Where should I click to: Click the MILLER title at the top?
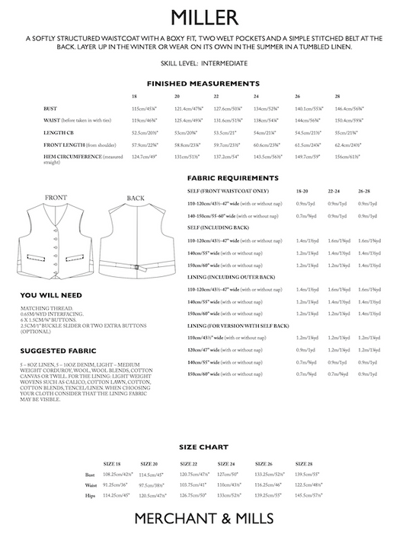[x=203, y=17]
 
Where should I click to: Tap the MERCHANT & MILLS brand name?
[x=203, y=518]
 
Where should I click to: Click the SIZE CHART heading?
[x=203, y=447]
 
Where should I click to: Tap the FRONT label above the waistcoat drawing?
[x=56, y=198]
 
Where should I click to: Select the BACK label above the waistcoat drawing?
[x=136, y=198]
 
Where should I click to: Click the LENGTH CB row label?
[x=57, y=132]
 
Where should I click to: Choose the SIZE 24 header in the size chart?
[x=225, y=463]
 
